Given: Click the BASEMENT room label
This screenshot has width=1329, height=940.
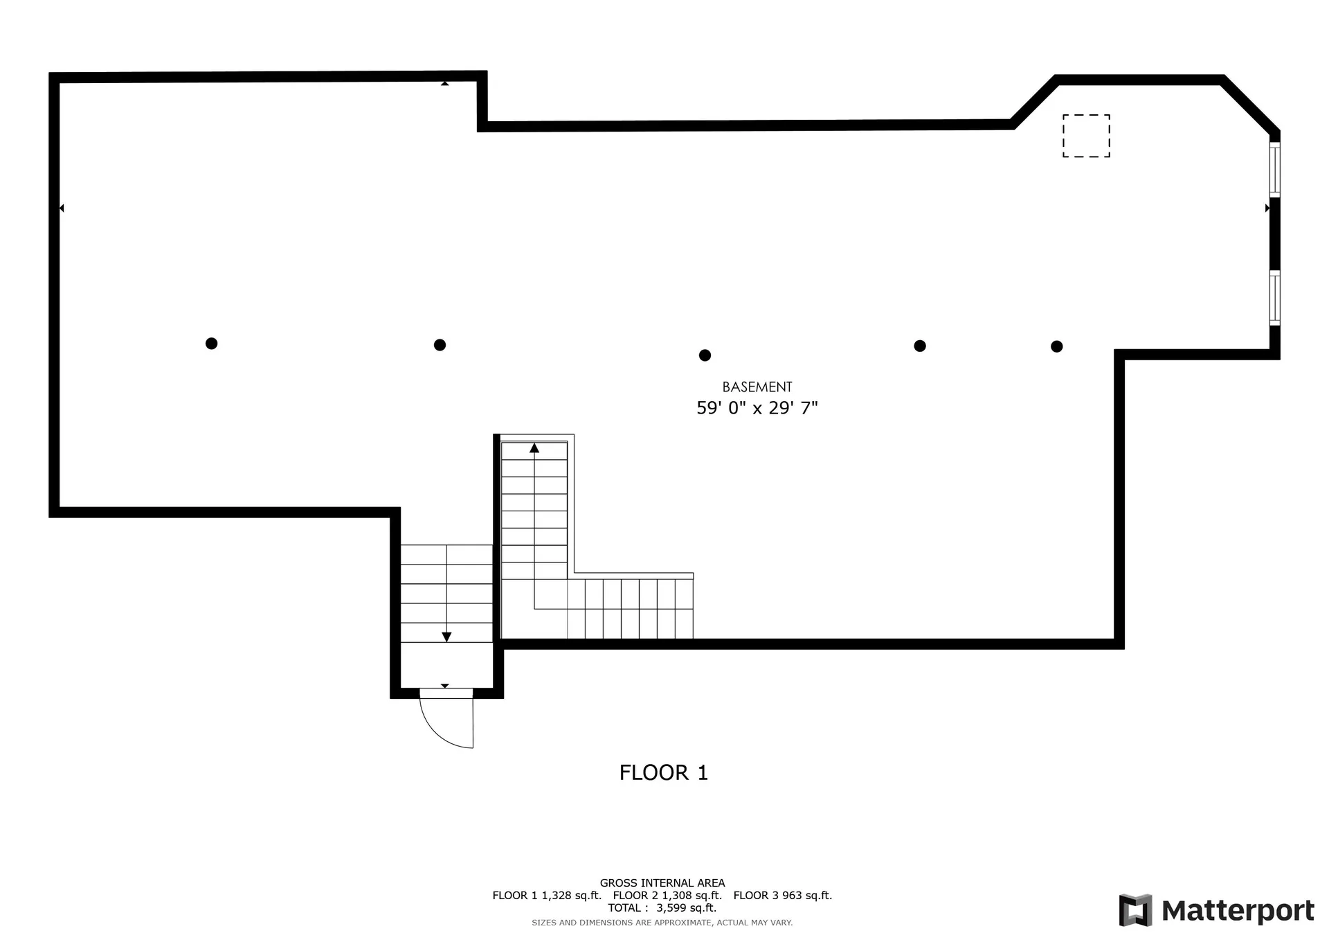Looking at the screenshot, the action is (757, 387).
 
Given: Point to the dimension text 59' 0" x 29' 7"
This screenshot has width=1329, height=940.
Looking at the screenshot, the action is (757, 408).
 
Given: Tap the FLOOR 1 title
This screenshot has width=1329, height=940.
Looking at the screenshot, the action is (664, 772).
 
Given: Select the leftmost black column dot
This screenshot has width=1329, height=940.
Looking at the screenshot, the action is (212, 344).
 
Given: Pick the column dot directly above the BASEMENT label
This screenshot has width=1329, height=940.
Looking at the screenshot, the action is (705, 355).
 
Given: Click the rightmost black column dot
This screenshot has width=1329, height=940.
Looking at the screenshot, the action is (1056, 346).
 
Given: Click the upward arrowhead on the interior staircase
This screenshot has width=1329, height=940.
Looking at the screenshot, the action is (534, 448).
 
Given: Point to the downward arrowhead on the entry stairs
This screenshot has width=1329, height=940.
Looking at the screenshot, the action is (446, 637).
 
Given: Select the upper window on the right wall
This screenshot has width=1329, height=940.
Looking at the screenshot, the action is (1274, 169).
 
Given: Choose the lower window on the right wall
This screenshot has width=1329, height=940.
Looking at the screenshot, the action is (1274, 297).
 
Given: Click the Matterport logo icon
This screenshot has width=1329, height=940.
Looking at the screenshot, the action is (1135, 910).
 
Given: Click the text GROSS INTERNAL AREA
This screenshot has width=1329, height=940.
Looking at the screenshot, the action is (662, 883).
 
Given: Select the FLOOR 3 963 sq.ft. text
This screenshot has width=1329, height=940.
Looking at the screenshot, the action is (783, 896).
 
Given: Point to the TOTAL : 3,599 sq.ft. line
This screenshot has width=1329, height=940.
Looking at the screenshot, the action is (662, 908).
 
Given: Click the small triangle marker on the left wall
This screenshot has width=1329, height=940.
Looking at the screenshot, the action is (62, 208).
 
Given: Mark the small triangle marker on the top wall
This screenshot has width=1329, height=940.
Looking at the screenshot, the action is (445, 83).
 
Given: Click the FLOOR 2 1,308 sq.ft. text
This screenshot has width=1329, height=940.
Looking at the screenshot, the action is (667, 896).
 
